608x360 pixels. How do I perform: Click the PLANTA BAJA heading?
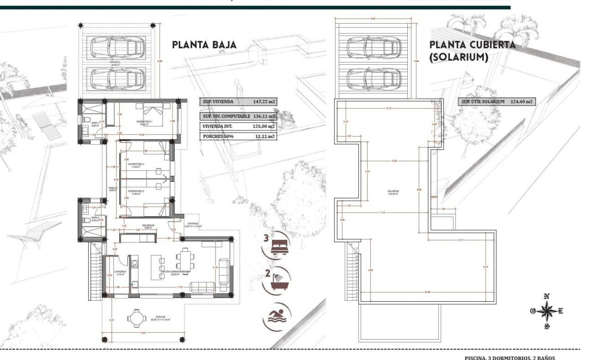204,45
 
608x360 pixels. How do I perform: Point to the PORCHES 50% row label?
218,137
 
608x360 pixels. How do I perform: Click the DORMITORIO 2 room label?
137,164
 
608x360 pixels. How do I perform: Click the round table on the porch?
136,318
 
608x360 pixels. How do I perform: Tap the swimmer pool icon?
276,317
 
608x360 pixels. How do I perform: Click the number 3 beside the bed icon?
266,239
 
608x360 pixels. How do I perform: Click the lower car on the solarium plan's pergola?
373,78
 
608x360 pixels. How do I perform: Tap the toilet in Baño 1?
86,121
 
